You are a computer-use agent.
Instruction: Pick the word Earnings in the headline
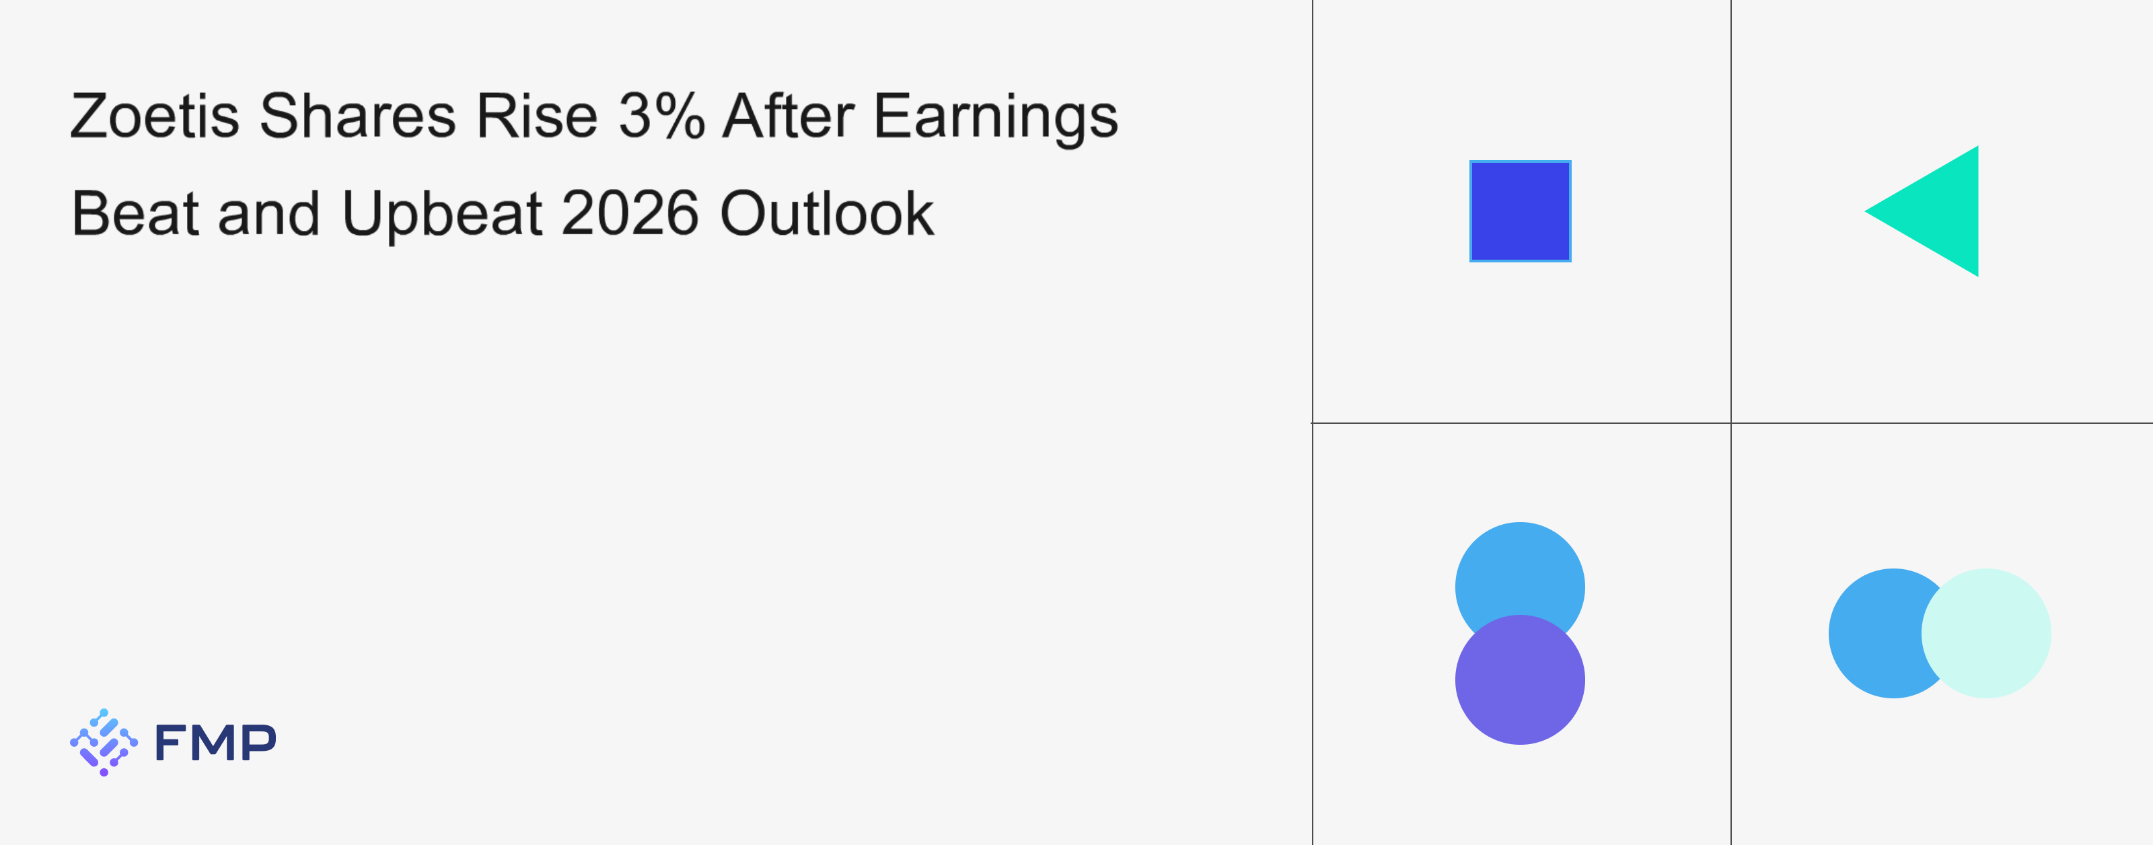[996, 118]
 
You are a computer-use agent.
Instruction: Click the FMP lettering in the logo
[215, 742]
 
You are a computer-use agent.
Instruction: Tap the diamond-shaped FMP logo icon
[104, 742]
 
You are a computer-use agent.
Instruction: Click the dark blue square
[1521, 211]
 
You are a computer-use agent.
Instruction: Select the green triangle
[1939, 211]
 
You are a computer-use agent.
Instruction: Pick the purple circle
[1521, 679]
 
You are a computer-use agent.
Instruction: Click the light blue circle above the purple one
[1521, 568]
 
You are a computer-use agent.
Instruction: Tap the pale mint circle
[1987, 634]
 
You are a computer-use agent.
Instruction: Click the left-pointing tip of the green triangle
[1866, 211]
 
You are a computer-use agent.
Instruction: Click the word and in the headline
[269, 213]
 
